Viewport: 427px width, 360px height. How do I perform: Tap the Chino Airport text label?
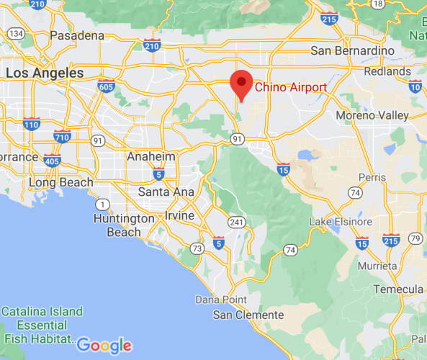291,87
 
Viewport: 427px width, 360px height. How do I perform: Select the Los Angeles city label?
45,73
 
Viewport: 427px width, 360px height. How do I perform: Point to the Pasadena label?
76,35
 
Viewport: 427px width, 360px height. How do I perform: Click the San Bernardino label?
352,51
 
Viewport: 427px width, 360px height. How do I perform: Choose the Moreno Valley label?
372,115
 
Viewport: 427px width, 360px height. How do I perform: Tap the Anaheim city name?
150,156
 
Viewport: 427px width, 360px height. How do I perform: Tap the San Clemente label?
248,315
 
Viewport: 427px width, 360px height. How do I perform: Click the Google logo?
105,345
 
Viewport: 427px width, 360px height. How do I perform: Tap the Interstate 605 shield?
106,87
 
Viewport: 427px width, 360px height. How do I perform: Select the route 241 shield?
235,222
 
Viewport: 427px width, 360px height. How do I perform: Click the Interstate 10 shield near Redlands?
415,86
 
